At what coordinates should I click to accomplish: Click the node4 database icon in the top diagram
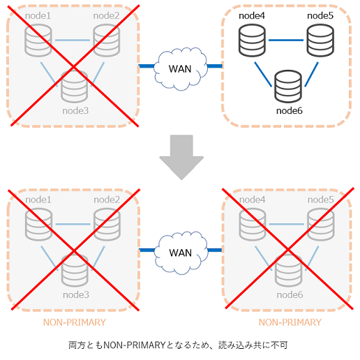[x=252, y=40]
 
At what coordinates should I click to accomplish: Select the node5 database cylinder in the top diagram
[x=320, y=40]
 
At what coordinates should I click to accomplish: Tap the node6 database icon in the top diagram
[x=288, y=87]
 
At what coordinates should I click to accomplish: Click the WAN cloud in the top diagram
[x=180, y=69]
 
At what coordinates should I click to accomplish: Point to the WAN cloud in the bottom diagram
[x=181, y=253]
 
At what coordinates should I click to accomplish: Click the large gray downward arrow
[x=181, y=157]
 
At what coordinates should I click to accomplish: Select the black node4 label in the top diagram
[x=252, y=15]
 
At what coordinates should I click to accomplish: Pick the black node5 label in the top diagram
[x=320, y=15]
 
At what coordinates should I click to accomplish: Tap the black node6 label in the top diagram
[x=290, y=111]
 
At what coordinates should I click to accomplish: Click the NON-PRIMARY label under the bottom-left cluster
[x=75, y=322]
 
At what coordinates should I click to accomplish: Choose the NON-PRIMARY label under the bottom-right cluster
[x=290, y=322]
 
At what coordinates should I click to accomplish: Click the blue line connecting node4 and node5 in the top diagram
[x=286, y=40]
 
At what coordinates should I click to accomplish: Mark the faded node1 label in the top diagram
[x=38, y=15]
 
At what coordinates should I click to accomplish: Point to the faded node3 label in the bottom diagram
[x=76, y=294]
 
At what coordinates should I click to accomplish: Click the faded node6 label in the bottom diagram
[x=290, y=294]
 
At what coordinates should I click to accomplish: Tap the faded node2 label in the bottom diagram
[x=107, y=200]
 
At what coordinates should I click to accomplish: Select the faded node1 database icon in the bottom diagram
[x=38, y=225]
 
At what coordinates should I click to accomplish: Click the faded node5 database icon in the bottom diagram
[x=321, y=225]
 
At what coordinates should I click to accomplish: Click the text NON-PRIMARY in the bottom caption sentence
[x=134, y=345]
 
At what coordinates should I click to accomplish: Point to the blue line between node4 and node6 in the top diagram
[x=263, y=75]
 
